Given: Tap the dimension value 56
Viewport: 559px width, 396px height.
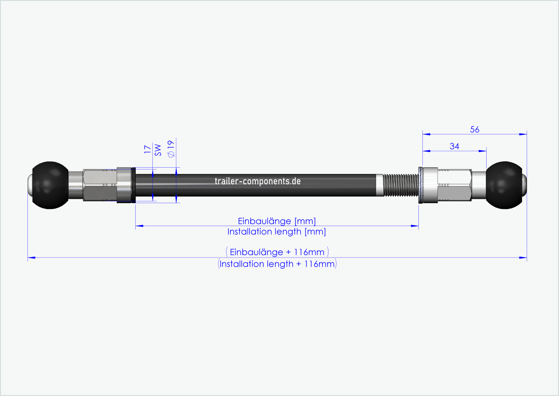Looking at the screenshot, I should click(475, 129).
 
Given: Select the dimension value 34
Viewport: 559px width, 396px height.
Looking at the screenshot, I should click(454, 146).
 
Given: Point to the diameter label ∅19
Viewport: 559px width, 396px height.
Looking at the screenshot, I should click(170, 148).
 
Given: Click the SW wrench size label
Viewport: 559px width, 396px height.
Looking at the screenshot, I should click(158, 150).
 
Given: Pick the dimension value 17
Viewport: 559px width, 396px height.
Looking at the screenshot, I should click(147, 150).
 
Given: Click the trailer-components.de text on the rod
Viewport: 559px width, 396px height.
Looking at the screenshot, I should click(257, 181).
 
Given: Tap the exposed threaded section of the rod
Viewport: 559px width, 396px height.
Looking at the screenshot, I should click(400, 185).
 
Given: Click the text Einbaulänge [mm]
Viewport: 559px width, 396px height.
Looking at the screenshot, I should click(276, 221).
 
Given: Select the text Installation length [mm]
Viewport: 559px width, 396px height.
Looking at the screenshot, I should click(276, 232).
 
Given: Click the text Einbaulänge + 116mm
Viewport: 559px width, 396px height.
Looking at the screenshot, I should click(277, 252).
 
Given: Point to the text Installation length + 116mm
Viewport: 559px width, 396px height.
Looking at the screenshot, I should click(277, 264).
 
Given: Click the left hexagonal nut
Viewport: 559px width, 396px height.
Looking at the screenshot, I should click(99, 185).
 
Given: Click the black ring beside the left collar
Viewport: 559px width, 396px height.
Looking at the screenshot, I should click(133, 185).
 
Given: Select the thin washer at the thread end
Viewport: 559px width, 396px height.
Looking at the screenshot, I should click(420, 185).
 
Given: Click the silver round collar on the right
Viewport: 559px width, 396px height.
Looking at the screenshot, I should click(430, 185).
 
